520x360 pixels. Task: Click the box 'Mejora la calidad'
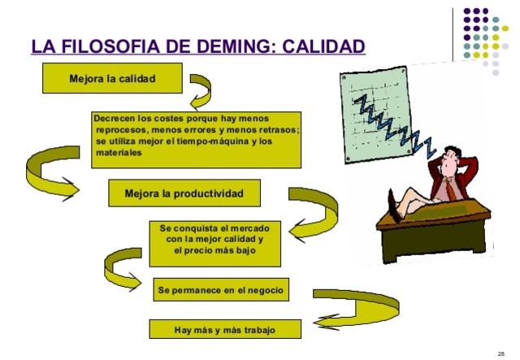(112, 78)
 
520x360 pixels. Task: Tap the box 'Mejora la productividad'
(184, 193)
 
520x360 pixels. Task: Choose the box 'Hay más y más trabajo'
(225, 329)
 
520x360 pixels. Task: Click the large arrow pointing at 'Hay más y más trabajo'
(357, 309)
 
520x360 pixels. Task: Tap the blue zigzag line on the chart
(390, 122)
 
